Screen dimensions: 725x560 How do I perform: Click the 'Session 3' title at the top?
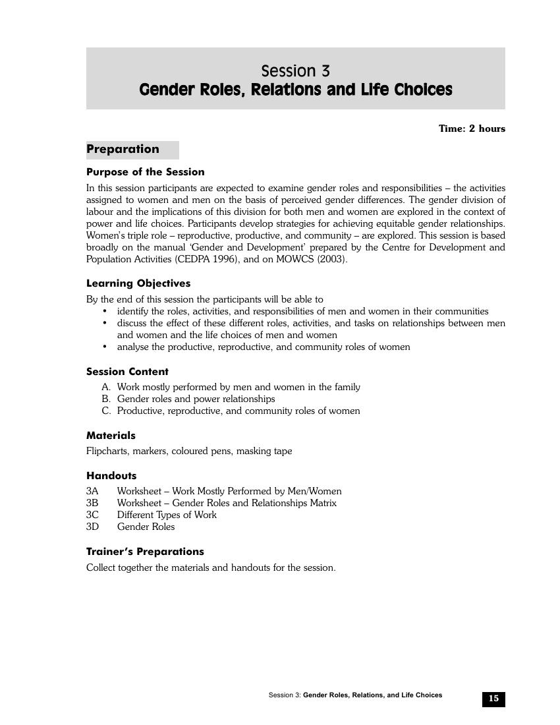click(295, 71)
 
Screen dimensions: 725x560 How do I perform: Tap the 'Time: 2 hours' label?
click(472, 129)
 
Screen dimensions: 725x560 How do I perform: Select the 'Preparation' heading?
click(123, 149)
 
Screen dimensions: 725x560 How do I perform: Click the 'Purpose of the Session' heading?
click(146, 172)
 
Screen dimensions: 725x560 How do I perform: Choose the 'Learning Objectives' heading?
click(138, 283)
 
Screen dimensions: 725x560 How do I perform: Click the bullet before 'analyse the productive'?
click(105, 347)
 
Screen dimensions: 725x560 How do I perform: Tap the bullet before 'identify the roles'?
click(105, 311)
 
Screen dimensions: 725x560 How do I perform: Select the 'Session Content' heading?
click(127, 372)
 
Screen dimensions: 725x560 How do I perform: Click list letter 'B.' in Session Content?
click(106, 399)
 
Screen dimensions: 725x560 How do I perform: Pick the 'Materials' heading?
click(111, 436)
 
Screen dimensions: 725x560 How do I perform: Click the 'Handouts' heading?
click(111, 476)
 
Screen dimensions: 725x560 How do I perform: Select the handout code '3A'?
click(92, 491)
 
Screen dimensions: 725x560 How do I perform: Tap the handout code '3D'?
click(92, 527)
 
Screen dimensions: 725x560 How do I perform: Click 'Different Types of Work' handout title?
click(167, 515)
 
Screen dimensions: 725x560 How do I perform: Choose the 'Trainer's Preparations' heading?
click(145, 552)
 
